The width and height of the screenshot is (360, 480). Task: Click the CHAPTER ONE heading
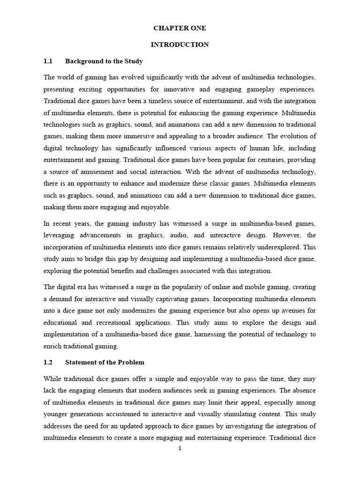(x=180, y=28)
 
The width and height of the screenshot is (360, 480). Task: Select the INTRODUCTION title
(x=180, y=45)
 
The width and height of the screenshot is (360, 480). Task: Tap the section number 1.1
(x=48, y=61)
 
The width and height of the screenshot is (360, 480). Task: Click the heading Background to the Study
(x=104, y=61)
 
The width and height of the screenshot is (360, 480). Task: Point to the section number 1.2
(x=48, y=362)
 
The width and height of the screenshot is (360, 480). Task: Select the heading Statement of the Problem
(x=105, y=362)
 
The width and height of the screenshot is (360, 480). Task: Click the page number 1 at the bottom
(x=180, y=448)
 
